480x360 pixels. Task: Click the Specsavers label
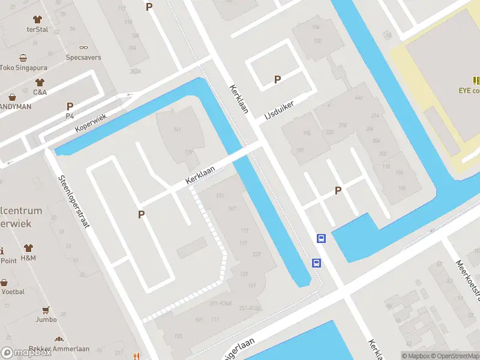[83, 58]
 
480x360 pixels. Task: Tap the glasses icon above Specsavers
[83, 47]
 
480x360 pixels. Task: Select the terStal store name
[37, 29]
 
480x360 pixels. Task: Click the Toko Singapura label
[23, 68]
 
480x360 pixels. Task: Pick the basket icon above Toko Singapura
[23, 58]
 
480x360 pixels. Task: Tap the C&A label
[40, 92]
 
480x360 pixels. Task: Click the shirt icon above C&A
[40, 82]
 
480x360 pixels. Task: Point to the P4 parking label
[70, 116]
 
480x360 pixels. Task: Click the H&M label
[28, 258]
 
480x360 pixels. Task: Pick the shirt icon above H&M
[28, 248]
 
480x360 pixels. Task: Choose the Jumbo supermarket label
[46, 320]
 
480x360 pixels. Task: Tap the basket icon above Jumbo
[46, 310]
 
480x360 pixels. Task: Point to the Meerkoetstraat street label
[467, 279]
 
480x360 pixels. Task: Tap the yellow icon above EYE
[477, 80]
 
